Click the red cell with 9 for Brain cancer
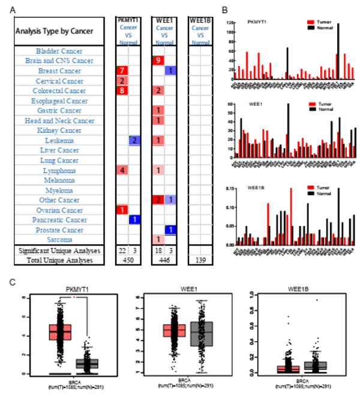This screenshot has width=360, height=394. point(158,61)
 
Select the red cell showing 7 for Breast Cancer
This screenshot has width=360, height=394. point(122,71)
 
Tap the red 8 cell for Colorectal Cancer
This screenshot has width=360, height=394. point(122,91)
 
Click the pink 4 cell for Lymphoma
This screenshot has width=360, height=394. point(122,170)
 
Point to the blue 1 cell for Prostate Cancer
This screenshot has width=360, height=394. point(171,229)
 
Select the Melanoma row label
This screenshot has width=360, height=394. point(59,180)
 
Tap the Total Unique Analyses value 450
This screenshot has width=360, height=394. point(128,261)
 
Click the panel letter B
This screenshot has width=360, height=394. point(224,8)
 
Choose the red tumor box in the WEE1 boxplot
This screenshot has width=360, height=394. point(173,331)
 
